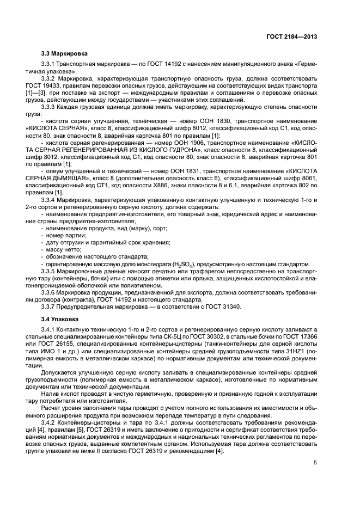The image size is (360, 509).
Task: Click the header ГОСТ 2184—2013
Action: coord(294,36)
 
